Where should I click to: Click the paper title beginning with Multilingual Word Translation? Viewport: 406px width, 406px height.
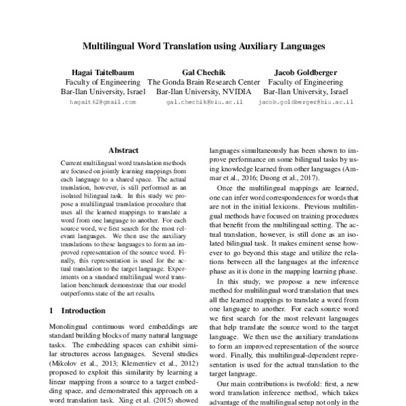point(203,48)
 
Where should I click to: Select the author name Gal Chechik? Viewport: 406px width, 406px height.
point(204,72)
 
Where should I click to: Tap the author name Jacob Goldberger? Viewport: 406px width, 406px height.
point(306,72)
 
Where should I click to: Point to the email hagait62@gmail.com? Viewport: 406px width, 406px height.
point(103,101)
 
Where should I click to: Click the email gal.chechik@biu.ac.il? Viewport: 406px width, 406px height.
point(204,101)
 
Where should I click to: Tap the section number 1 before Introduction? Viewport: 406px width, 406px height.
point(53,310)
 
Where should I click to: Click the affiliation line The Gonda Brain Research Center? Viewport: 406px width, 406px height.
point(204,81)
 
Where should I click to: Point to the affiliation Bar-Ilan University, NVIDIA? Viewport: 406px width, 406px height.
point(204,91)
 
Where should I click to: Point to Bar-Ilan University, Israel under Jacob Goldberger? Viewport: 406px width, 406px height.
point(306,91)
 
